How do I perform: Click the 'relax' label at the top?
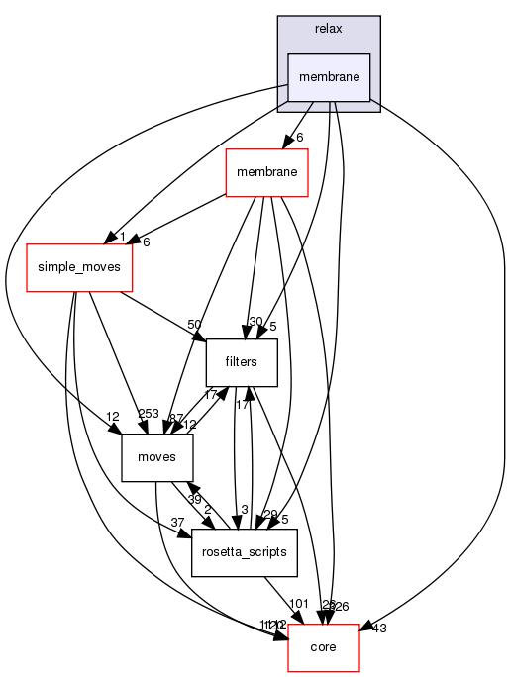point(329,29)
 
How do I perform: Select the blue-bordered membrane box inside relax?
point(329,76)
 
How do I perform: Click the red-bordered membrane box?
point(268,175)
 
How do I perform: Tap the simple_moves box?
point(78,268)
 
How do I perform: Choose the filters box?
point(241,362)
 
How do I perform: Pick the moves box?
point(155,458)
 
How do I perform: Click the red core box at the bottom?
point(323,646)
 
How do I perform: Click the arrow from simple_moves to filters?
point(163,315)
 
